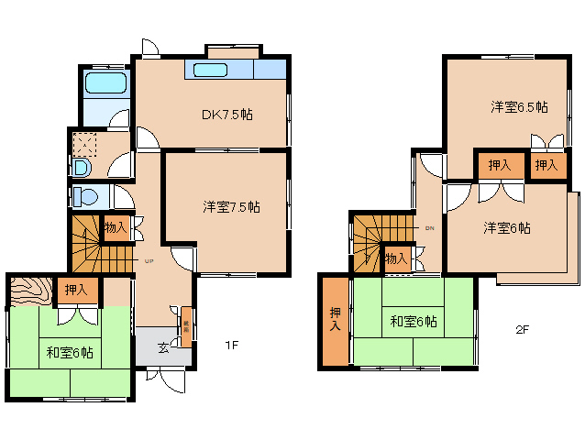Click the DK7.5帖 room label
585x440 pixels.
(x=227, y=115)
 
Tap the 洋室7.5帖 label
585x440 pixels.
(x=231, y=207)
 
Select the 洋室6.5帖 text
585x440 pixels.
(x=519, y=107)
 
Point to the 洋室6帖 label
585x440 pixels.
(x=507, y=228)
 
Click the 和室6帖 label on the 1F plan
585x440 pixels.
(x=70, y=351)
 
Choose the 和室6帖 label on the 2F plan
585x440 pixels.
(x=413, y=322)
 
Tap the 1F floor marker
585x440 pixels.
(x=232, y=346)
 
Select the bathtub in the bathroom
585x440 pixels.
(x=105, y=85)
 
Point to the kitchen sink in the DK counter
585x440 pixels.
(x=211, y=71)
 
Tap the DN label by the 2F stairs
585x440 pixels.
(x=429, y=227)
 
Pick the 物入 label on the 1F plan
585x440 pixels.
(x=116, y=227)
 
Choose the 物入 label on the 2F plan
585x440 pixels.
(x=396, y=259)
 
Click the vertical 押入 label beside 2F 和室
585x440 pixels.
(x=335, y=320)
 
